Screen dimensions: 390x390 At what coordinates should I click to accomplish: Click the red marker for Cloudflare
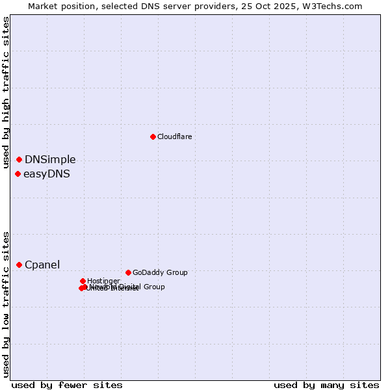coord(153,136)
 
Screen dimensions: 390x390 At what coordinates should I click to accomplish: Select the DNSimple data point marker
coord(19,159)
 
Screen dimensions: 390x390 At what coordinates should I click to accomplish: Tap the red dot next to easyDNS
coord(18,174)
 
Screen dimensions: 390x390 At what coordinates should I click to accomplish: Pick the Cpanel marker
coord(19,265)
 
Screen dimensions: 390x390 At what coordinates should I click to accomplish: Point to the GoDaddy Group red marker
coord(128,272)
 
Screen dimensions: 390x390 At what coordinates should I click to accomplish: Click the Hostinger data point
coord(83,281)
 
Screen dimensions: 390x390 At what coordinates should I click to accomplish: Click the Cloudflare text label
coord(174,136)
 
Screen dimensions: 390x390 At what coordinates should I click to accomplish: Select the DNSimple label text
coord(50,159)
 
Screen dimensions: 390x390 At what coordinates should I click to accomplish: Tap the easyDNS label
coord(47,174)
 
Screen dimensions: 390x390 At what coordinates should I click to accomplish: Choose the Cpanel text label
coord(42,265)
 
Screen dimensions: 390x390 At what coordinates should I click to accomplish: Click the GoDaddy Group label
coord(160,272)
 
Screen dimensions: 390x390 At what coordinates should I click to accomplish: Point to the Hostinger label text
coord(103,281)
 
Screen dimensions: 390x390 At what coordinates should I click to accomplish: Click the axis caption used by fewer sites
coord(67,385)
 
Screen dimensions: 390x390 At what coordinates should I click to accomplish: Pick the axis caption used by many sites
coord(326,385)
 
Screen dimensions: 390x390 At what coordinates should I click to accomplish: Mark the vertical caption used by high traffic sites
coord(6,93)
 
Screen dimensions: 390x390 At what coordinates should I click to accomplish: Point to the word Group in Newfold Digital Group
coord(153,287)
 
